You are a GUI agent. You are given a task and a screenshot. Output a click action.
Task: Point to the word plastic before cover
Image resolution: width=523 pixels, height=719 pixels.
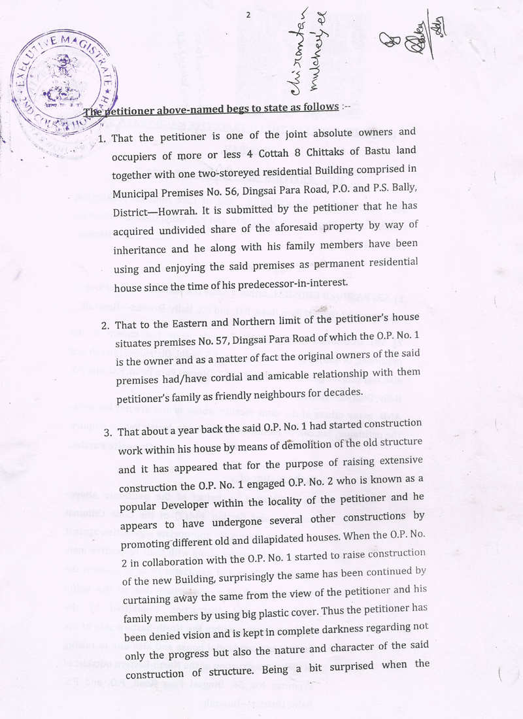tap(321, 588)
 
